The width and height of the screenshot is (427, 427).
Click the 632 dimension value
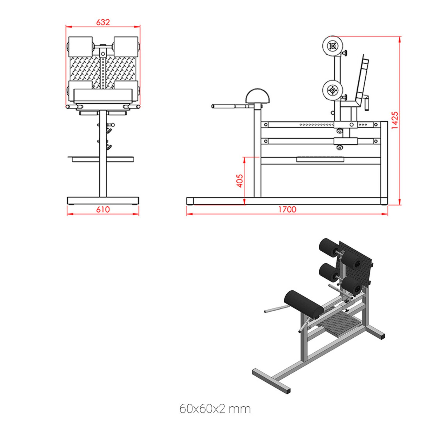pos(103,22)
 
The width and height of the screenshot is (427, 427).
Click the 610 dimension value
pos(103,209)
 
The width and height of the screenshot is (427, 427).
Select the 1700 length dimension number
pos(287,209)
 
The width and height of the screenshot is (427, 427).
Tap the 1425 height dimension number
pos(395,120)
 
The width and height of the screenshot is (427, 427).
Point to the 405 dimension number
pos(240,181)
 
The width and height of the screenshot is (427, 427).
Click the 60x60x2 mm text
pos(215,409)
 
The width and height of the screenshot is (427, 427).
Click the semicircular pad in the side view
pos(258,97)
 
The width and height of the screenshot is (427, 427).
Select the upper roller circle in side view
pos(332,46)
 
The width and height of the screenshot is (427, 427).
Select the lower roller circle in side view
pos(332,90)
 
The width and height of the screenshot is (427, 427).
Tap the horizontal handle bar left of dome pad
pos(230,106)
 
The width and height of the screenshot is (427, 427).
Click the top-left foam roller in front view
pos(80,46)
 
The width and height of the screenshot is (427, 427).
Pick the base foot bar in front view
pos(103,200)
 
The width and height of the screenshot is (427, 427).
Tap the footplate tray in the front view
pos(103,159)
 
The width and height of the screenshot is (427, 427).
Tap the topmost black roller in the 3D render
pos(329,247)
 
